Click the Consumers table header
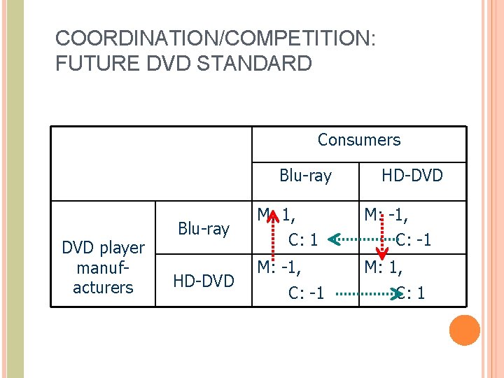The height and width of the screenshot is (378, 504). click(x=359, y=140)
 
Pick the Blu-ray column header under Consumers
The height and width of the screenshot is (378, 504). click(x=305, y=175)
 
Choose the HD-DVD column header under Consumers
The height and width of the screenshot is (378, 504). click(x=412, y=175)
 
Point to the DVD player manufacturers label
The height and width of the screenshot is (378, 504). click(x=103, y=267)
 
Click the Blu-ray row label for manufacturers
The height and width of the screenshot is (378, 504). click(x=204, y=229)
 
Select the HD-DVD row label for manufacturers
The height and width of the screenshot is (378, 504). click(x=204, y=281)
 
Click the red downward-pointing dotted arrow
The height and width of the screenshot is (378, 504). click(x=382, y=241)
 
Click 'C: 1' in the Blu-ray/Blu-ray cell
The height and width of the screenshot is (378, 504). click(x=303, y=240)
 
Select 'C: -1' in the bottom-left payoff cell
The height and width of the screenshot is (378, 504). click(x=307, y=293)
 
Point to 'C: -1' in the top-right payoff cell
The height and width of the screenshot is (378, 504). click(x=414, y=240)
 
